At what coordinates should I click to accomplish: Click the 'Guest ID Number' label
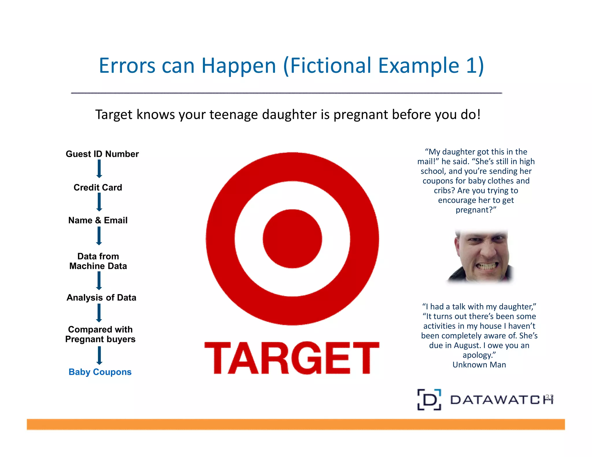tap(102, 154)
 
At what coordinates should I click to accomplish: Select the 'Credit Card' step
tap(98, 187)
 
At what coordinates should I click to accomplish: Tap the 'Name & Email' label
tap(98, 220)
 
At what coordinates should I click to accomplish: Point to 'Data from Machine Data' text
tap(98, 261)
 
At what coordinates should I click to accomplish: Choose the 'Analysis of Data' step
tap(101, 298)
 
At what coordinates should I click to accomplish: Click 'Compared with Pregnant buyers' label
tap(100, 334)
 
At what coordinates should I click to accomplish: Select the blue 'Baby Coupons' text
tap(100, 372)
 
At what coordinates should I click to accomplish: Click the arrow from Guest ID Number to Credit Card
tap(99, 169)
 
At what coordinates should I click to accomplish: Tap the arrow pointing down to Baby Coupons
tap(99, 355)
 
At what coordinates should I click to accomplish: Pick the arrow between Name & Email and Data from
tap(99, 236)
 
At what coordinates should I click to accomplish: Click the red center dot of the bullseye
tap(292, 239)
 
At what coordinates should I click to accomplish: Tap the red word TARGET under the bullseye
tap(292, 358)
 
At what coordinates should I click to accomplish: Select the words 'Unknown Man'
tap(479, 365)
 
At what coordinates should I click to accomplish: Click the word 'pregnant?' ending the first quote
tap(476, 210)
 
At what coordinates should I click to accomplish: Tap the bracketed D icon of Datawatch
tap(429, 400)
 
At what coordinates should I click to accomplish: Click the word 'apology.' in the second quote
tap(479, 355)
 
